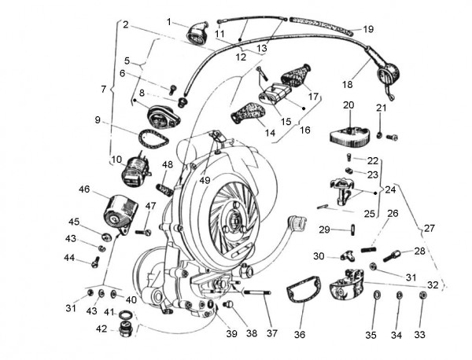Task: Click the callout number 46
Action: (x=84, y=189)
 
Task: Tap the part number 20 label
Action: (x=348, y=105)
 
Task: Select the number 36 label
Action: (x=299, y=334)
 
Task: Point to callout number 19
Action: (x=368, y=29)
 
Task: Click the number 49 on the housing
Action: (x=205, y=180)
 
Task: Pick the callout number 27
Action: (x=429, y=228)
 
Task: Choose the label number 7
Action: (x=103, y=90)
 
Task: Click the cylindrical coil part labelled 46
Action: (x=120, y=211)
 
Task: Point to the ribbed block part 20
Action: (x=350, y=134)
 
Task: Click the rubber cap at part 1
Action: (x=197, y=33)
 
